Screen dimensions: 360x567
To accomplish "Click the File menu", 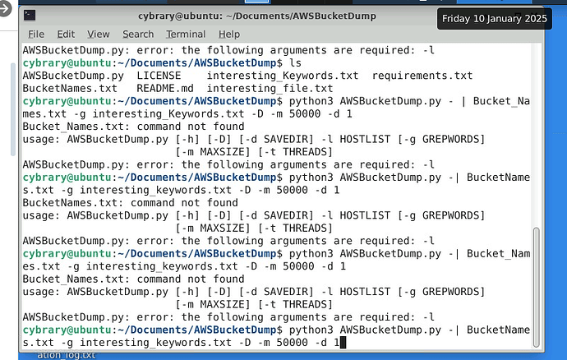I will point(36,34).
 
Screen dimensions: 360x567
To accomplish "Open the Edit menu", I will point(66,34).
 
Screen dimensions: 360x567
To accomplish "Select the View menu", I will point(99,34).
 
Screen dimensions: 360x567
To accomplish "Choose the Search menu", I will point(138,34).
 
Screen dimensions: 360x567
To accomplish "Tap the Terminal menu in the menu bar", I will point(186,34).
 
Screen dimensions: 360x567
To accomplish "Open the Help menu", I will point(229,34).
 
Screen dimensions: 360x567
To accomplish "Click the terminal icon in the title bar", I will point(30,14).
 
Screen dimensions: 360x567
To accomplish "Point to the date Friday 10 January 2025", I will point(495,19).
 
